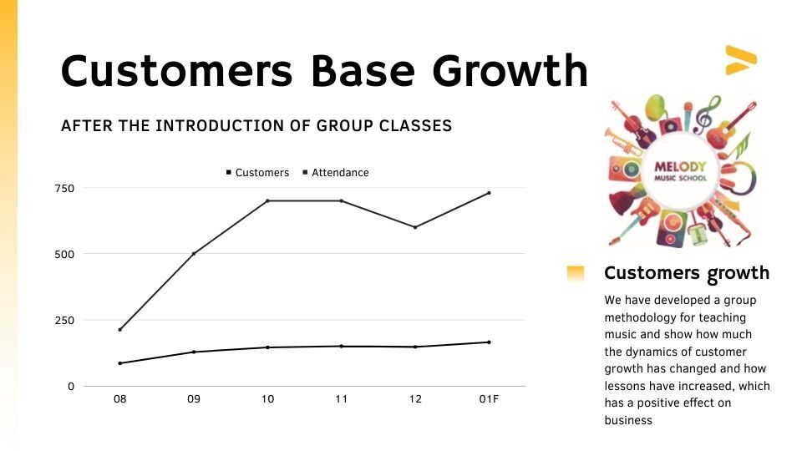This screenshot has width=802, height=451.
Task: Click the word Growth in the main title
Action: coord(510,70)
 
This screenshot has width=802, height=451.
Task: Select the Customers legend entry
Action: coord(258,173)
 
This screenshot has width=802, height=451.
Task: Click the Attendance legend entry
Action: coord(336,173)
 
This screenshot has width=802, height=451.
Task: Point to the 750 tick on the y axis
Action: coord(64,188)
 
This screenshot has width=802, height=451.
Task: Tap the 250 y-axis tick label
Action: coord(64,321)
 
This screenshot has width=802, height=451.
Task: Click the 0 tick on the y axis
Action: coord(71,387)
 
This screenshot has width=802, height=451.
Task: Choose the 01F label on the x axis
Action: coord(489,399)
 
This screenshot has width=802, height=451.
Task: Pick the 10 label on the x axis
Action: coord(267,399)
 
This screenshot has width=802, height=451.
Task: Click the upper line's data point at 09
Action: coord(194,254)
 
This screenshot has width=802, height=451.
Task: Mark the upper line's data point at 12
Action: coord(415,227)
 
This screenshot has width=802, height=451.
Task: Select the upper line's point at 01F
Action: coord(489,193)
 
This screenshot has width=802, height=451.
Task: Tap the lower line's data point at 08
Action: coord(119,363)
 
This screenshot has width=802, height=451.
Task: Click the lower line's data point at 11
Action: coord(341,346)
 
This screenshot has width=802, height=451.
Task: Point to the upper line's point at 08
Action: coord(119,329)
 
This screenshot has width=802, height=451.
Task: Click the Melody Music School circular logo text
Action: coord(680,170)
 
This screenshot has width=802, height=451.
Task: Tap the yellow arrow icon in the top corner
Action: coord(741,60)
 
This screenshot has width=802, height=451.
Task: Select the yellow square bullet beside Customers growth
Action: coord(576,273)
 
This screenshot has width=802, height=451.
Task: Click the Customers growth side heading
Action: coord(687,273)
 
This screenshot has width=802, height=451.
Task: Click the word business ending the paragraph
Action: coord(628,420)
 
